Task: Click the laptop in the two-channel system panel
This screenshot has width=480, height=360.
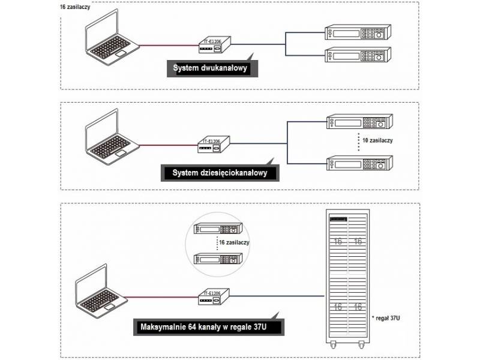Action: tap(110, 46)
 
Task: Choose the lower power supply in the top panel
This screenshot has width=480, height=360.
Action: tap(358, 56)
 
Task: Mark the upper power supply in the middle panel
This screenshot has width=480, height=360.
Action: tap(358, 122)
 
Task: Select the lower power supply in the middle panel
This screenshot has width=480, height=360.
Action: tap(358, 163)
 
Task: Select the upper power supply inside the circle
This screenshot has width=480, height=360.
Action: tap(218, 229)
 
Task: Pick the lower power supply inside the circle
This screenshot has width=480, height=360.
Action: tap(218, 259)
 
